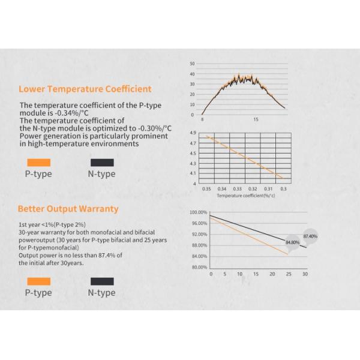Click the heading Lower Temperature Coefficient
[x=85, y=89]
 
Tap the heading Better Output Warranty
[x=68, y=209]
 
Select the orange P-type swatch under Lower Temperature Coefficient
[x=38, y=162]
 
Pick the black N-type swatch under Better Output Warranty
[x=101, y=281]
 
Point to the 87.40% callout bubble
[x=310, y=236]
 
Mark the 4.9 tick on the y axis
[x=193, y=133]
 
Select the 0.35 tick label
[x=207, y=188]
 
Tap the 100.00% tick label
[x=199, y=212]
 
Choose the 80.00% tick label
[x=199, y=267]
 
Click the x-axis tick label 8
[x=203, y=120]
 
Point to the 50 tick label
[x=192, y=64]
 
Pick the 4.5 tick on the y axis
[x=193, y=154]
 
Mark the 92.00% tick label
[x=199, y=234]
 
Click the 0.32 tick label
[x=253, y=188]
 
